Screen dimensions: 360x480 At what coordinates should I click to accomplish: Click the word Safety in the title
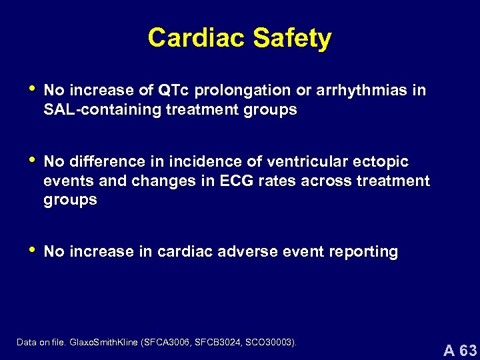[292, 39]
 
